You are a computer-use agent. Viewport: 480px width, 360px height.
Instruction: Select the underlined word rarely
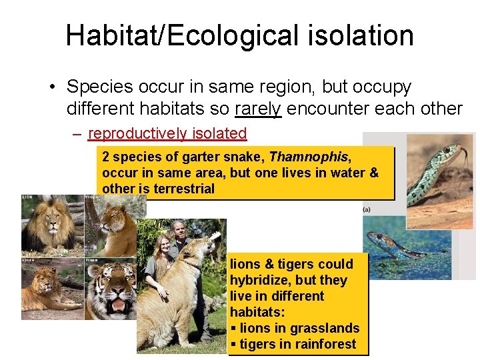tap(259, 109)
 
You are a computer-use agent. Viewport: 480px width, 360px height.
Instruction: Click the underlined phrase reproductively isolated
tap(167, 133)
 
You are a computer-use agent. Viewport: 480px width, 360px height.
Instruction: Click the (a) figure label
tap(367, 209)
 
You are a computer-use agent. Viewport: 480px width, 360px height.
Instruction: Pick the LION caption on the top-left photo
tap(27, 198)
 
